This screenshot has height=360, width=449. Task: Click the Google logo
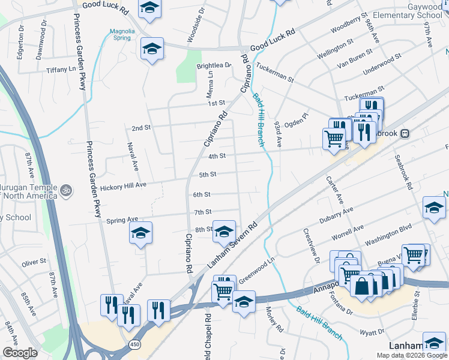(20, 353)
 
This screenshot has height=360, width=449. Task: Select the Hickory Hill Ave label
(124, 186)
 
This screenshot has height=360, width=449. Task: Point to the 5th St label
(207, 175)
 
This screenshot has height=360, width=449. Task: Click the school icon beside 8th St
(224, 232)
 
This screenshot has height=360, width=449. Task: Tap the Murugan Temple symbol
(67, 190)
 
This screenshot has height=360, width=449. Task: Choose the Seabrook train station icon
(406, 133)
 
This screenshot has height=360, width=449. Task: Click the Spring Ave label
(122, 220)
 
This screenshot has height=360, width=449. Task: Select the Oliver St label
(34, 262)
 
